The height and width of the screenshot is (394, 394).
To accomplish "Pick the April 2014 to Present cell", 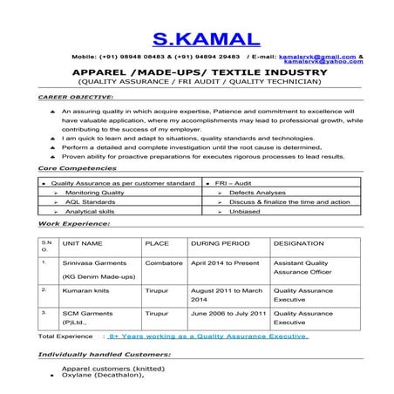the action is click(x=225, y=262).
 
